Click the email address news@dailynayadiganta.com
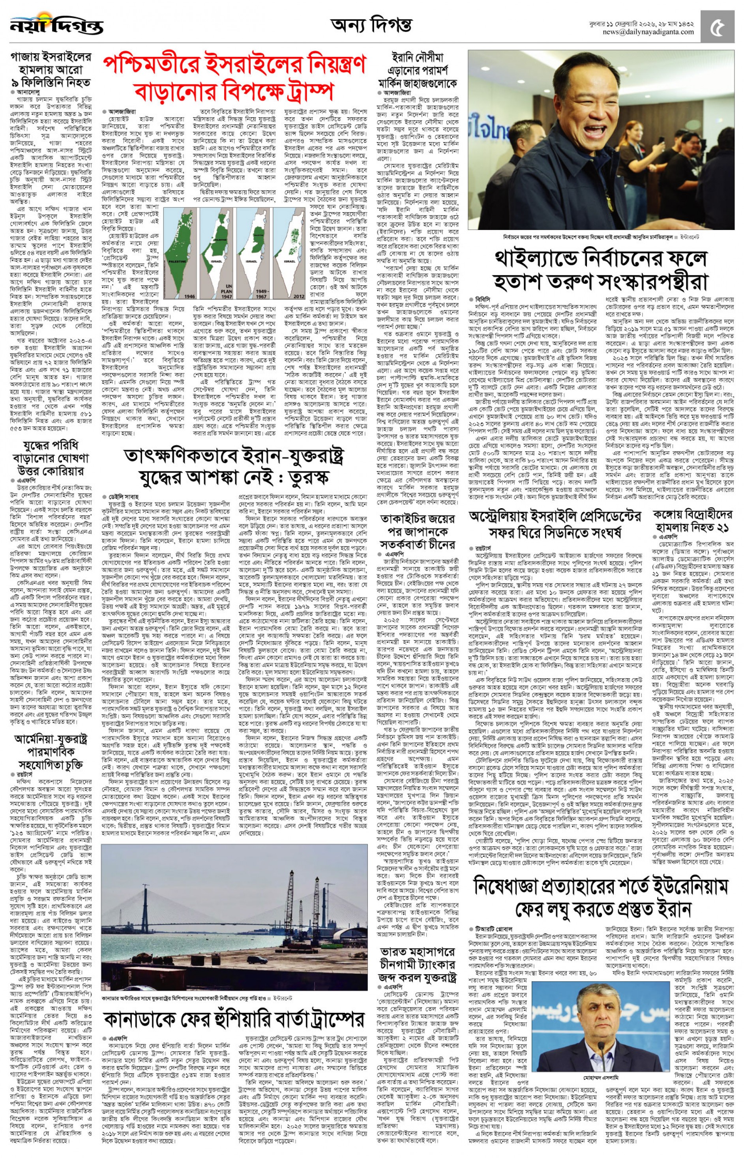click(x=648, y=32)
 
